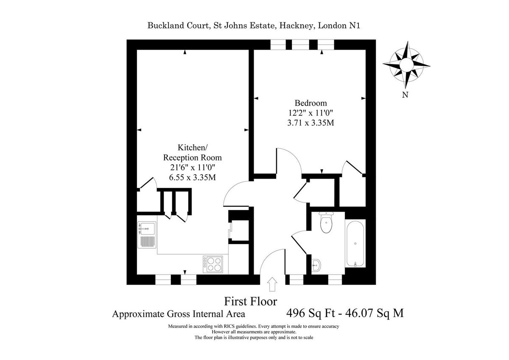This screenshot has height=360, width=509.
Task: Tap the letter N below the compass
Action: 405,95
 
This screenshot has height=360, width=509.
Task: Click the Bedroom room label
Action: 311,103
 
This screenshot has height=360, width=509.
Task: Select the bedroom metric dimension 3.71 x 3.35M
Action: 311,123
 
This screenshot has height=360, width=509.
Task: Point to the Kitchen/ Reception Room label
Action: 193,152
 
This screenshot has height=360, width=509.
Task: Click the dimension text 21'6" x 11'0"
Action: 193,168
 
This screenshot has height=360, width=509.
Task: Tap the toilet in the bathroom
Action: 326,223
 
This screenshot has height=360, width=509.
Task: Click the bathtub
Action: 355,243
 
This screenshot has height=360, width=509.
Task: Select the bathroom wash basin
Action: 316,265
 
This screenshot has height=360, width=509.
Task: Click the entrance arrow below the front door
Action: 272,284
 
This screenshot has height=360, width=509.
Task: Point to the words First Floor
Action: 250,301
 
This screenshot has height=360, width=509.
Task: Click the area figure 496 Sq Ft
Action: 310,314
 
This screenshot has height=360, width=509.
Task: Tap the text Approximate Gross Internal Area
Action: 179,315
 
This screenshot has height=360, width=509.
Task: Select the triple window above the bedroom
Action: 302,45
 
